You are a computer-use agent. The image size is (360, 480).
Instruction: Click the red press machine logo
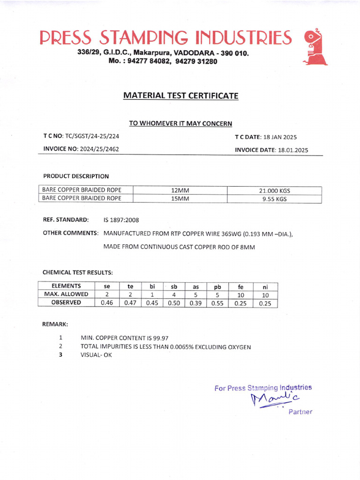(x=315, y=47)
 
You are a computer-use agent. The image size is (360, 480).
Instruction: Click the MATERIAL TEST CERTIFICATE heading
(x=180, y=96)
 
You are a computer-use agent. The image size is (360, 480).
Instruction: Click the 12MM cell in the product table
(x=180, y=190)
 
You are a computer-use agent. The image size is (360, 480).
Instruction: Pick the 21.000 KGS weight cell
(x=275, y=191)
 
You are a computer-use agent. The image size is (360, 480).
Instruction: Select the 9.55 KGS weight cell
(x=275, y=199)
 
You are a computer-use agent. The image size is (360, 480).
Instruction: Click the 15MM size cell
(x=180, y=199)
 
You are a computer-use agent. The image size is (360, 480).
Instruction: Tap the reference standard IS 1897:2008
(x=121, y=220)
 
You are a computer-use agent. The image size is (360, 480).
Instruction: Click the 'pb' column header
(x=217, y=286)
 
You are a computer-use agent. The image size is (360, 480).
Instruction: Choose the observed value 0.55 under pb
(x=217, y=303)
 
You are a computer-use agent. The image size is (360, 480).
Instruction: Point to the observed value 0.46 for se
(x=107, y=303)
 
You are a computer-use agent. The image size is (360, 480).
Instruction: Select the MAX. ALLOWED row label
(x=66, y=294)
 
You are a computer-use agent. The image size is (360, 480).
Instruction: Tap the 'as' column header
(x=195, y=286)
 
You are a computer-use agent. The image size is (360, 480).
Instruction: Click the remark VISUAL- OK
(x=97, y=355)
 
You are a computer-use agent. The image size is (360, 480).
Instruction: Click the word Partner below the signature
(x=300, y=412)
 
